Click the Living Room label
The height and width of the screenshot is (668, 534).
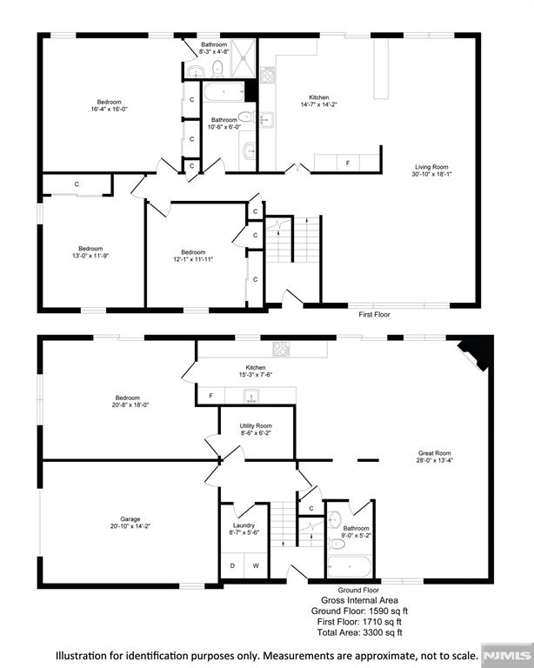click(x=431, y=171)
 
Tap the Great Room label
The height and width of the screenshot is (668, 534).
click(x=434, y=458)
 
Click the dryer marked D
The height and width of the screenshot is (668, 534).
click(x=232, y=566)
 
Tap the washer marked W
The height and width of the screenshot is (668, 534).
click(x=257, y=566)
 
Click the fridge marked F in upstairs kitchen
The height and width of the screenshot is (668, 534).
click(x=348, y=163)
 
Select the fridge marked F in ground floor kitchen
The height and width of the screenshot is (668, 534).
click(x=210, y=396)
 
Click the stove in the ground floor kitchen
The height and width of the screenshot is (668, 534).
click(x=281, y=349)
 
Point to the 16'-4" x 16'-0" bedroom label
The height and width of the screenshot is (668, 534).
click(x=110, y=105)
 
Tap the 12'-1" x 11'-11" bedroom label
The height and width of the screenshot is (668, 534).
click(x=192, y=256)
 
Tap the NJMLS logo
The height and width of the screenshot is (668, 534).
click(x=507, y=654)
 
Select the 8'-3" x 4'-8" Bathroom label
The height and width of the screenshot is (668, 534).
click(x=213, y=49)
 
